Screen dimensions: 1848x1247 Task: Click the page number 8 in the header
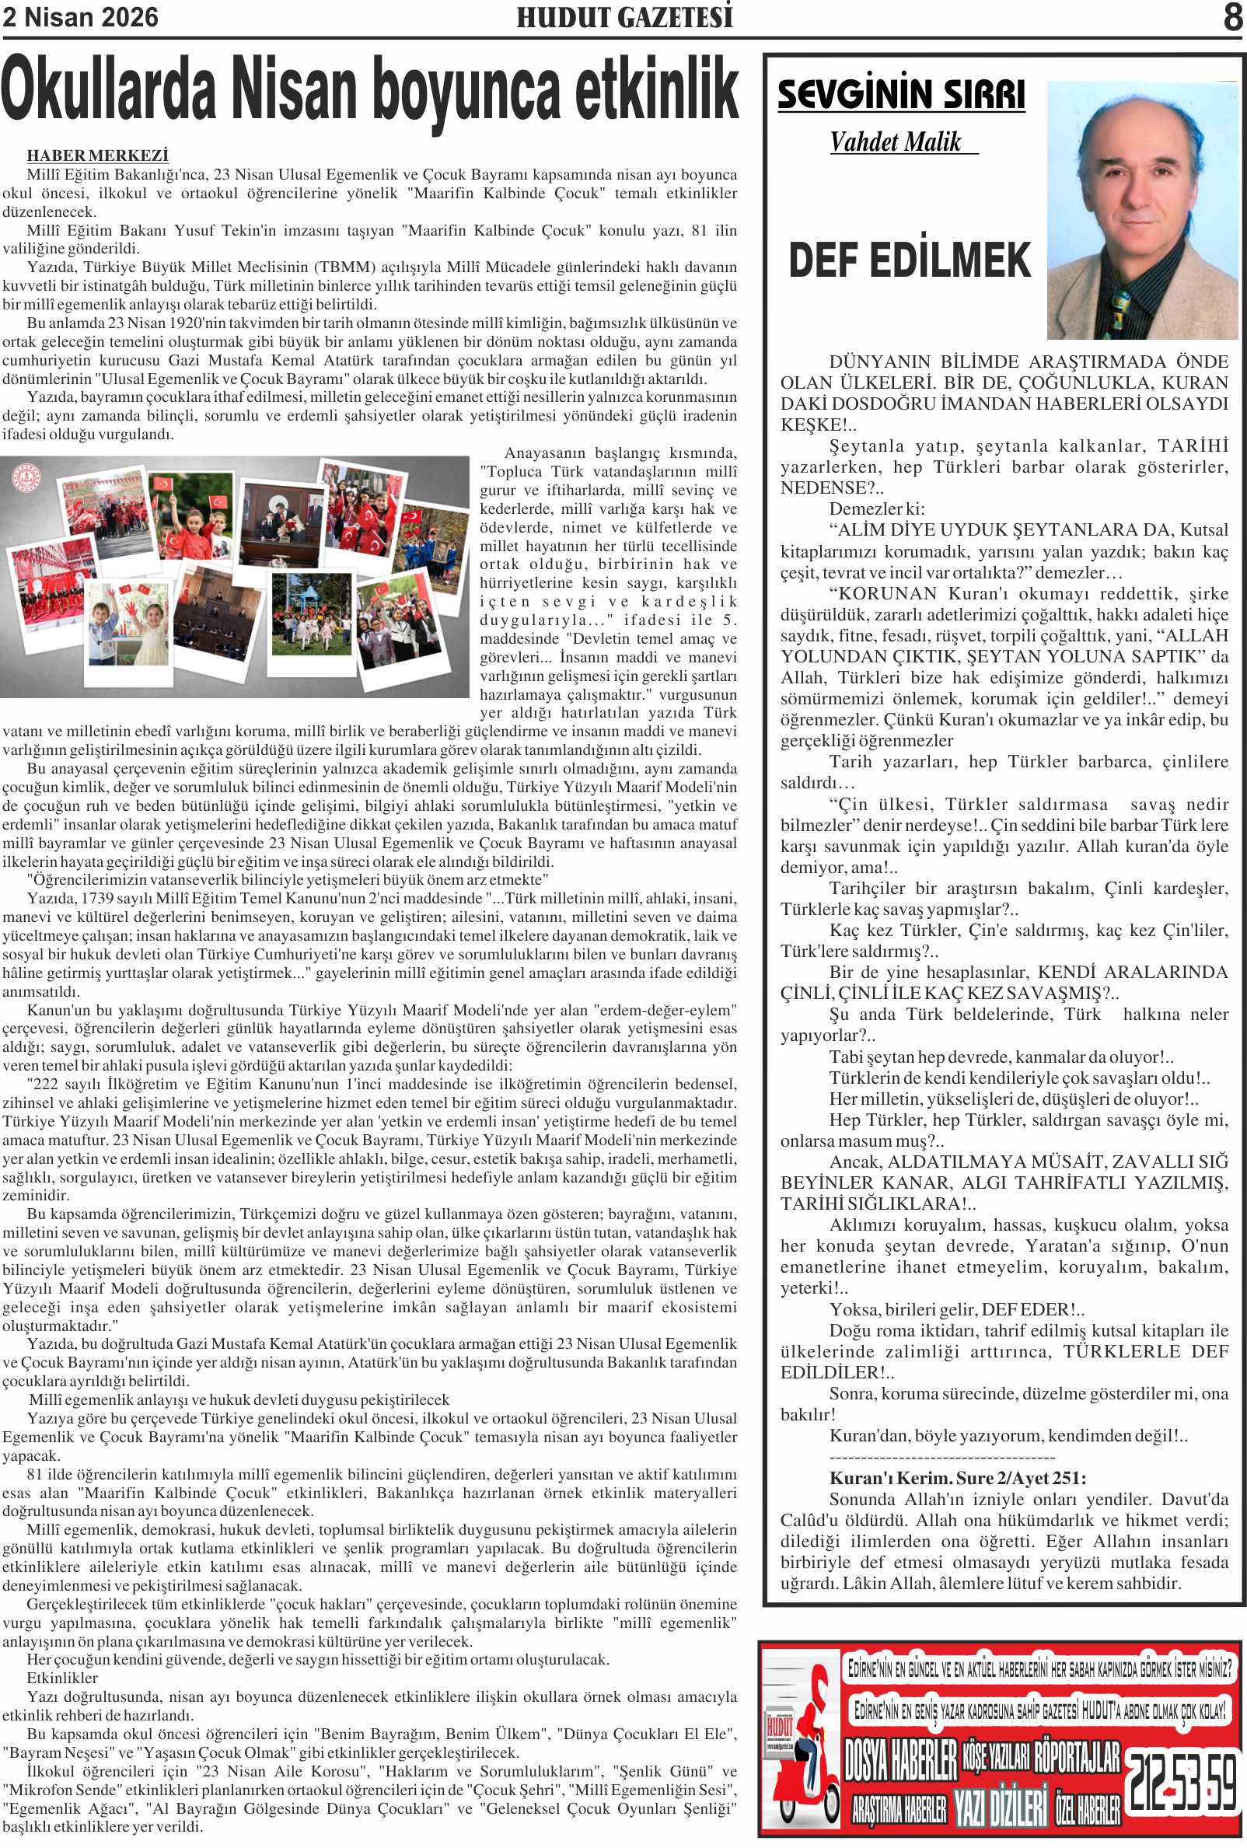pyautogui.click(x=1232, y=18)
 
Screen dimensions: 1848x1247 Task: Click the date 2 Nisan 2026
pyautogui.click(x=80, y=18)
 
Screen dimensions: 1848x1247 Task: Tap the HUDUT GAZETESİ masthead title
pyautogui.click(x=624, y=18)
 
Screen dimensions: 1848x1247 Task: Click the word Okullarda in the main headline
pyautogui.click(x=109, y=90)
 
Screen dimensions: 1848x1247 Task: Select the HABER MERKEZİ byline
pyautogui.click(x=97, y=155)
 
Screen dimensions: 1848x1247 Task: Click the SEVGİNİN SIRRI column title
pyautogui.click(x=900, y=95)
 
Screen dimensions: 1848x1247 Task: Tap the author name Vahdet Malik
pyautogui.click(x=896, y=142)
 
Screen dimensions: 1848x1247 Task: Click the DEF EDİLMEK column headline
pyautogui.click(x=909, y=260)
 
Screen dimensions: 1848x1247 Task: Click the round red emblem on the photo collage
pyautogui.click(x=27, y=477)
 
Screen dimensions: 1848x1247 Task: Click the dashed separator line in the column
pyautogui.click(x=941, y=1458)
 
